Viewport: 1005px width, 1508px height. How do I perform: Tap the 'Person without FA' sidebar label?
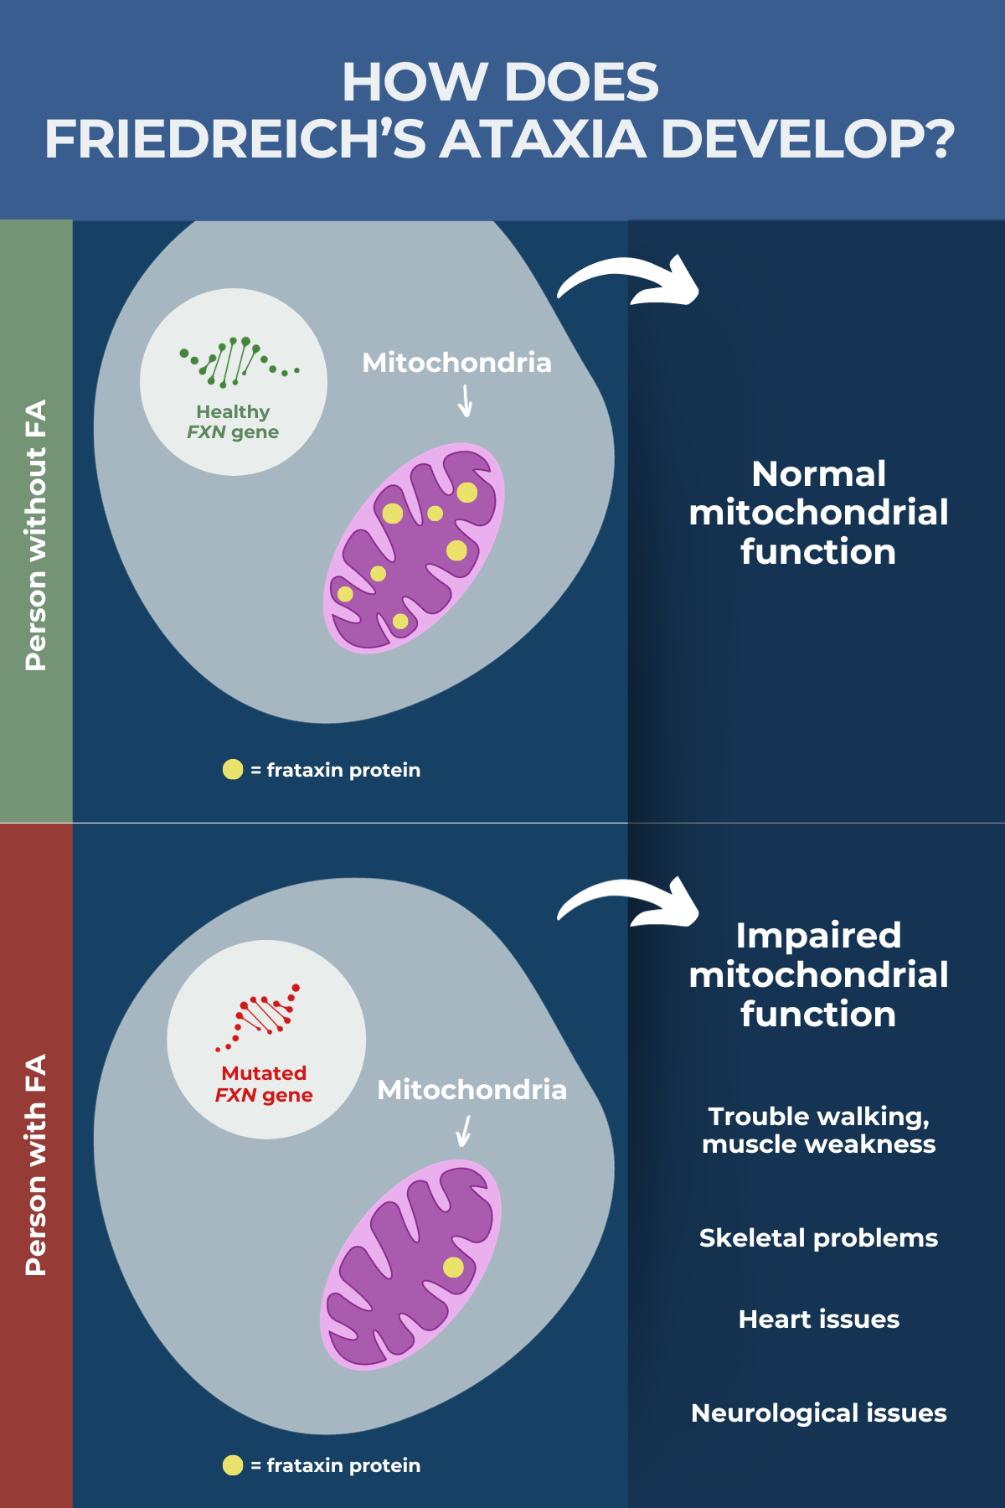coord(36,535)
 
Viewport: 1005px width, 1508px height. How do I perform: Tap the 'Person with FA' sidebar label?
coord(36,1165)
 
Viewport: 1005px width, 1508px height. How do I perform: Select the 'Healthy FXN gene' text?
coord(233,422)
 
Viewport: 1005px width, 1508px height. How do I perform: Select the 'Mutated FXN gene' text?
coord(264,1084)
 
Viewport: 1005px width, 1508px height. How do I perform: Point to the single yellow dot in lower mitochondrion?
coord(453,1267)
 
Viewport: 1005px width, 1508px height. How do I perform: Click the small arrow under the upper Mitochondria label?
coord(466,400)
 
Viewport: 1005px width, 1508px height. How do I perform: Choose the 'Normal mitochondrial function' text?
coord(818,513)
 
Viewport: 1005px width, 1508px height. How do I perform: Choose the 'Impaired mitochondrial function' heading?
coord(818,974)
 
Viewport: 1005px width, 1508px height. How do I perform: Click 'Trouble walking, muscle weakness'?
coord(818,1130)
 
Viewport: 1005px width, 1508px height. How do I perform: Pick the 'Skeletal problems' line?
coord(818,1238)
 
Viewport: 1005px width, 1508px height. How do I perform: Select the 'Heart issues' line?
coord(818,1319)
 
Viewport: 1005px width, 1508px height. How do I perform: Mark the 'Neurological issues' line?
coord(818,1413)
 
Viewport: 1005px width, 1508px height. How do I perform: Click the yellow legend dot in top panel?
coord(233,769)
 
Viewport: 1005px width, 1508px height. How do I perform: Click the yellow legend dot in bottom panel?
coord(233,1465)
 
